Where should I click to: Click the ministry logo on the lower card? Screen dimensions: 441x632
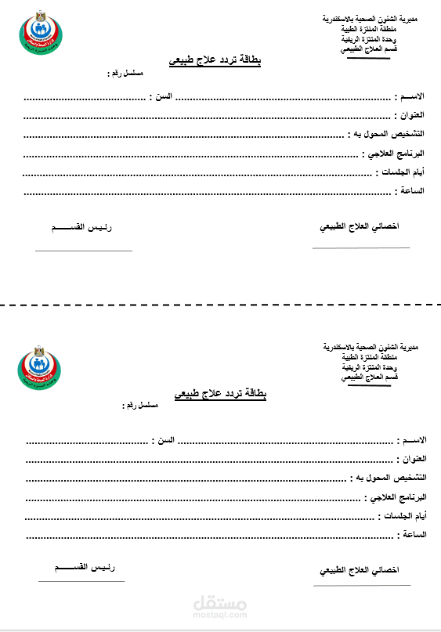[43, 368]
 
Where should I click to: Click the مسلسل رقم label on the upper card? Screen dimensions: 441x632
[127, 74]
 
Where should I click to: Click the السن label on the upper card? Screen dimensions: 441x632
[161, 97]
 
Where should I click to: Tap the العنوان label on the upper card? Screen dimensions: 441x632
[412, 115]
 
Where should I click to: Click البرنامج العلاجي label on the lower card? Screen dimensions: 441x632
[398, 497]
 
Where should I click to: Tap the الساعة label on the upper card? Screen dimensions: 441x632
[413, 190]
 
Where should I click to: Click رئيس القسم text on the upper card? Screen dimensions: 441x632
[81, 227]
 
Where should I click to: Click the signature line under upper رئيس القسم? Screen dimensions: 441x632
[84, 251]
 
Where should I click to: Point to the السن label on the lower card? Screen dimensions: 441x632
[164, 441]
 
